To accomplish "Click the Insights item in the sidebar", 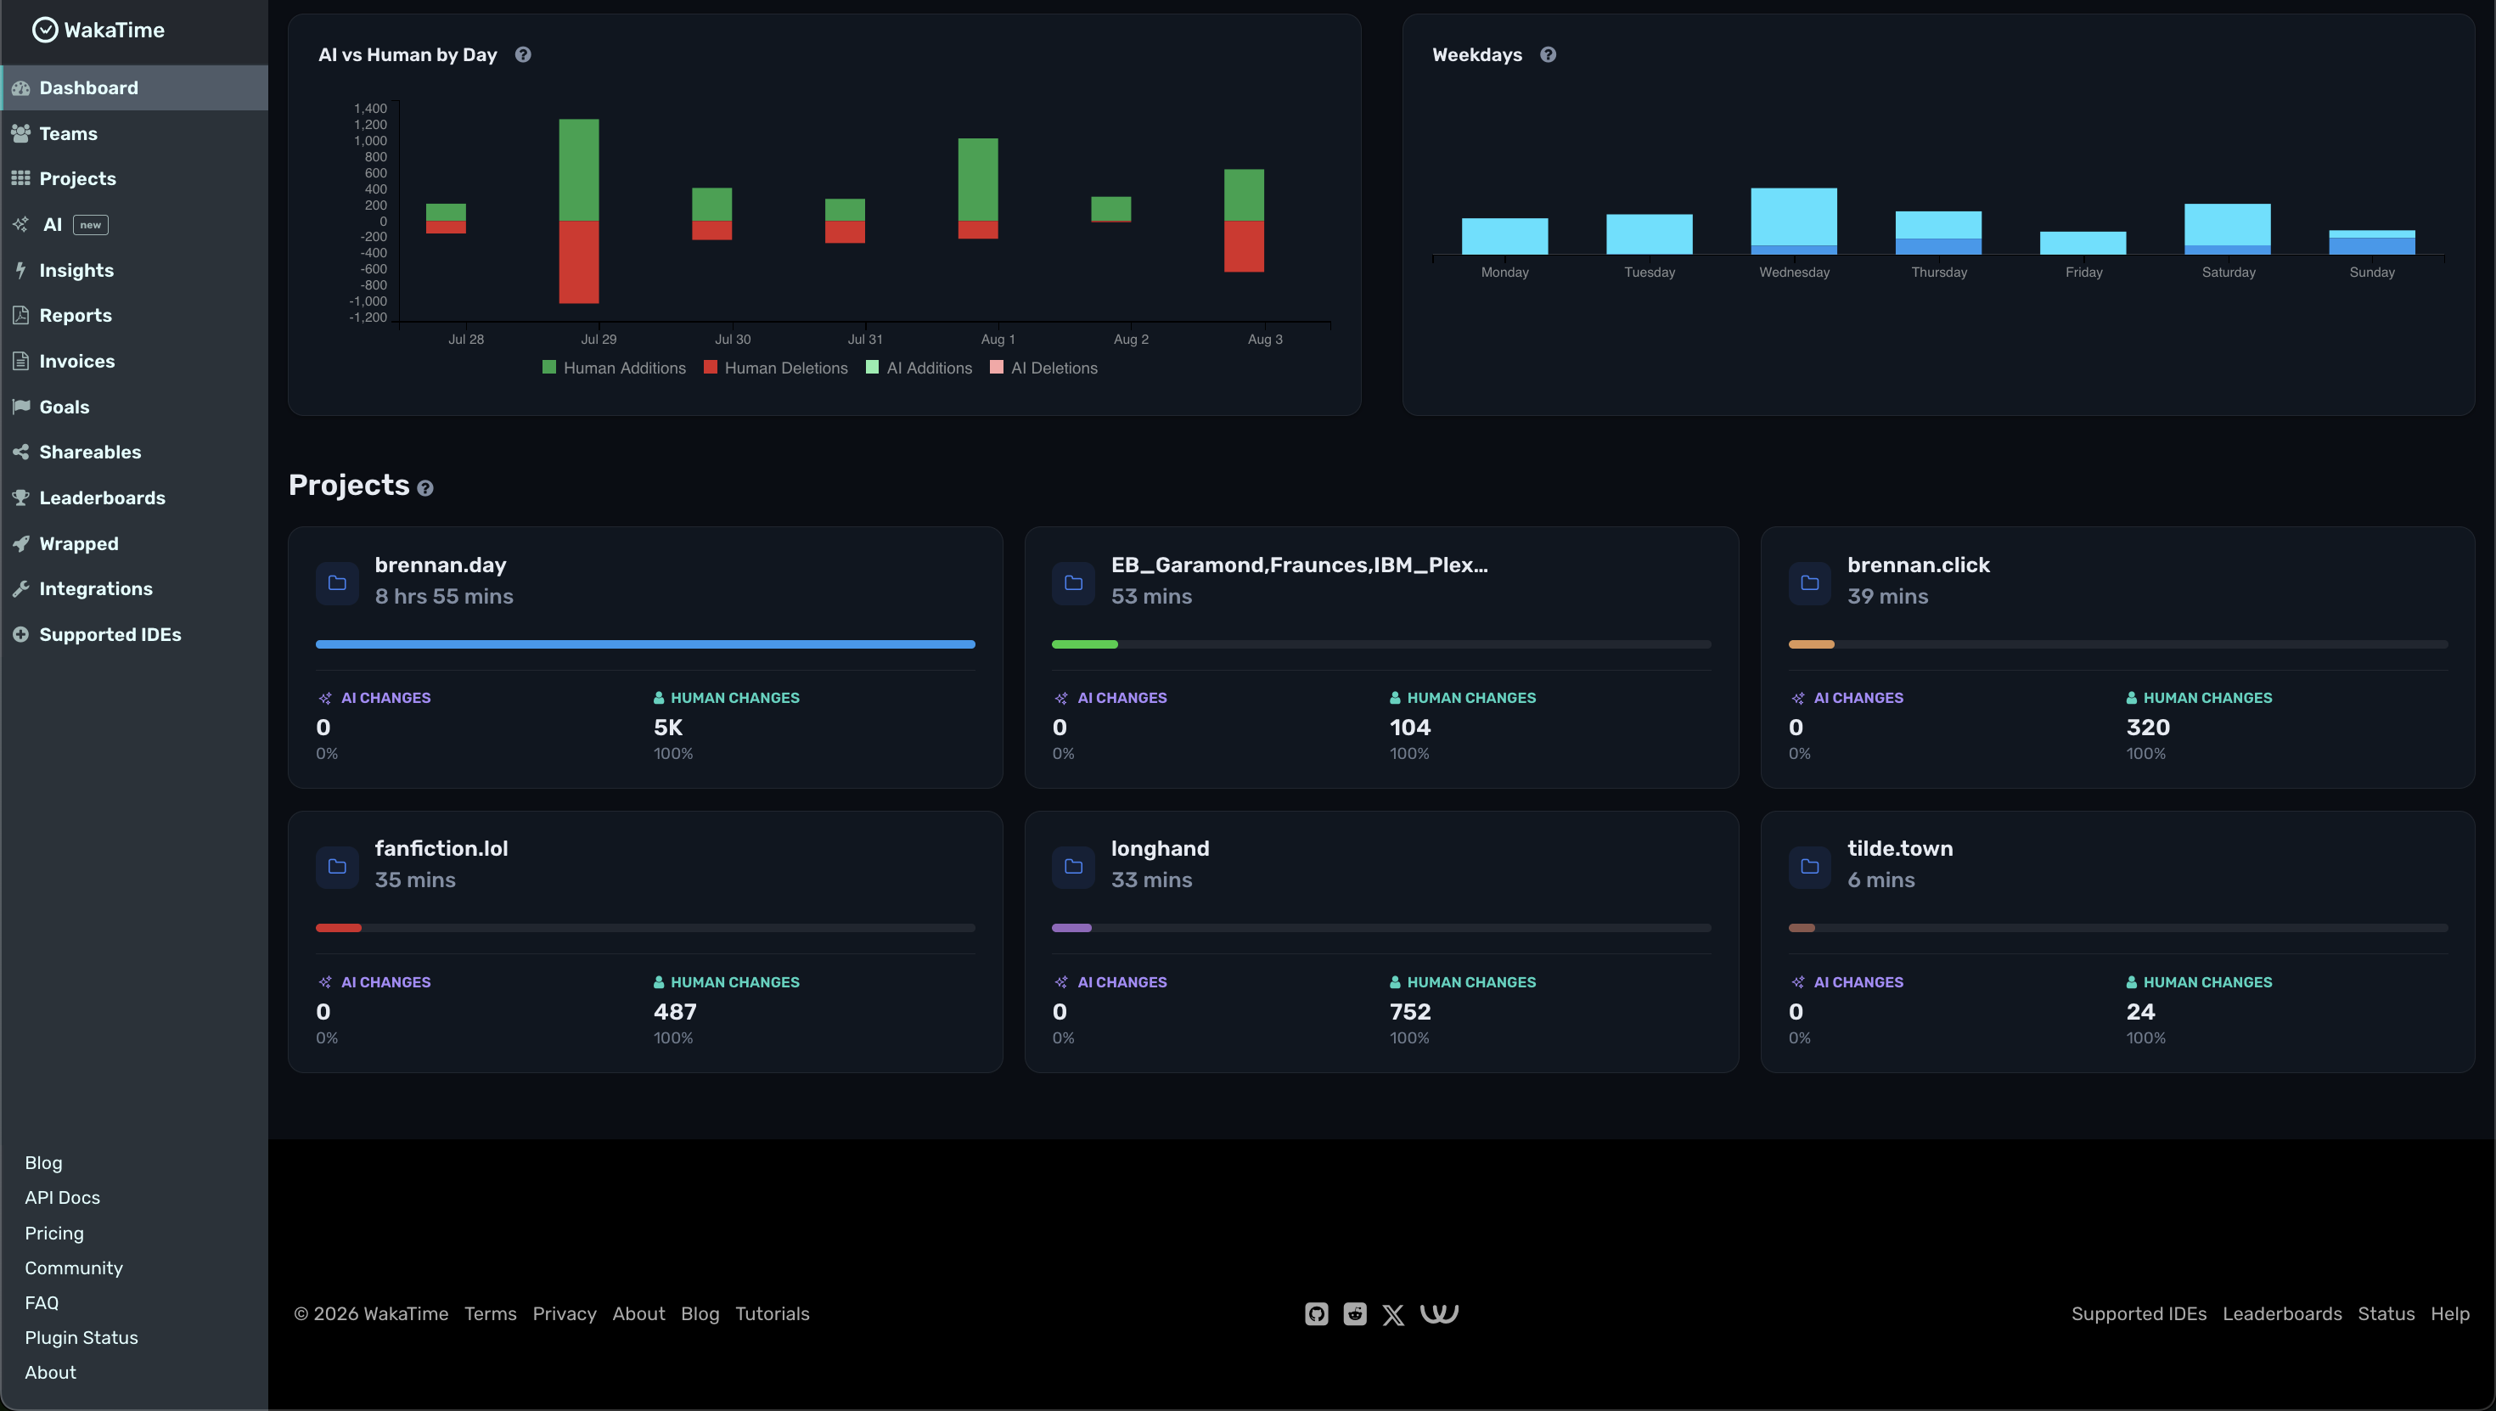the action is (x=76, y=270).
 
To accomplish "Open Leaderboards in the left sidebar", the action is (x=102, y=498).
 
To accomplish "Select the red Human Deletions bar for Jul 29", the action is (x=578, y=261).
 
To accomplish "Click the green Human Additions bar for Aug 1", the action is (x=978, y=179).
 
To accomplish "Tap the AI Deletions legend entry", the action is (x=1043, y=368).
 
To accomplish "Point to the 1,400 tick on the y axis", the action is (x=370, y=109).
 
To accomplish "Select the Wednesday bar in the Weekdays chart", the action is (x=1794, y=221).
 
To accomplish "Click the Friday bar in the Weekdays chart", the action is (x=2083, y=244).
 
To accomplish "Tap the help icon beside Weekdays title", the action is (x=1549, y=54).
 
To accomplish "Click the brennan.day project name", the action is (x=441, y=565).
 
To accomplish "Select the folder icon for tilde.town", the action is (x=1810, y=866).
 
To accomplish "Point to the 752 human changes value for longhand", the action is (x=1410, y=1012).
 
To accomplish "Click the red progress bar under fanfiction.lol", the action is (x=338, y=929).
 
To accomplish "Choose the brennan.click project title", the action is (x=1919, y=565).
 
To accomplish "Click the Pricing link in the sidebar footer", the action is (x=54, y=1233).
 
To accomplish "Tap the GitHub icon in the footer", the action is (x=1317, y=1314).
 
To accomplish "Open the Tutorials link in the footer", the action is (x=773, y=1314).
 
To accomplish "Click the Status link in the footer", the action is (x=2386, y=1314).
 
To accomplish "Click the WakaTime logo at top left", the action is (x=98, y=30).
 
